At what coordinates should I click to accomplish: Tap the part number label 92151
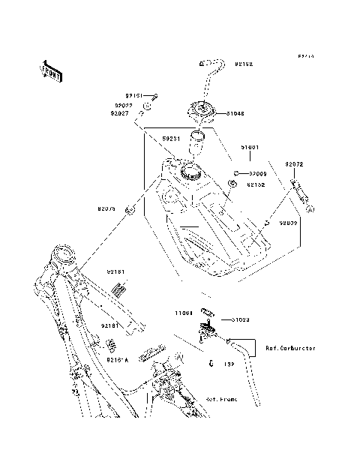point(133,96)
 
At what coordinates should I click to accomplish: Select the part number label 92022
point(124,106)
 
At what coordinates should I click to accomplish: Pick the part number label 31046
point(235,114)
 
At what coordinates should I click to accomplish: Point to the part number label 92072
point(293,164)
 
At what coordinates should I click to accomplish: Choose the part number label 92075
point(107,210)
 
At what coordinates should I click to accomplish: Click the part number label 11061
point(185,313)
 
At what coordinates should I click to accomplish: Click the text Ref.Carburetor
point(290,348)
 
